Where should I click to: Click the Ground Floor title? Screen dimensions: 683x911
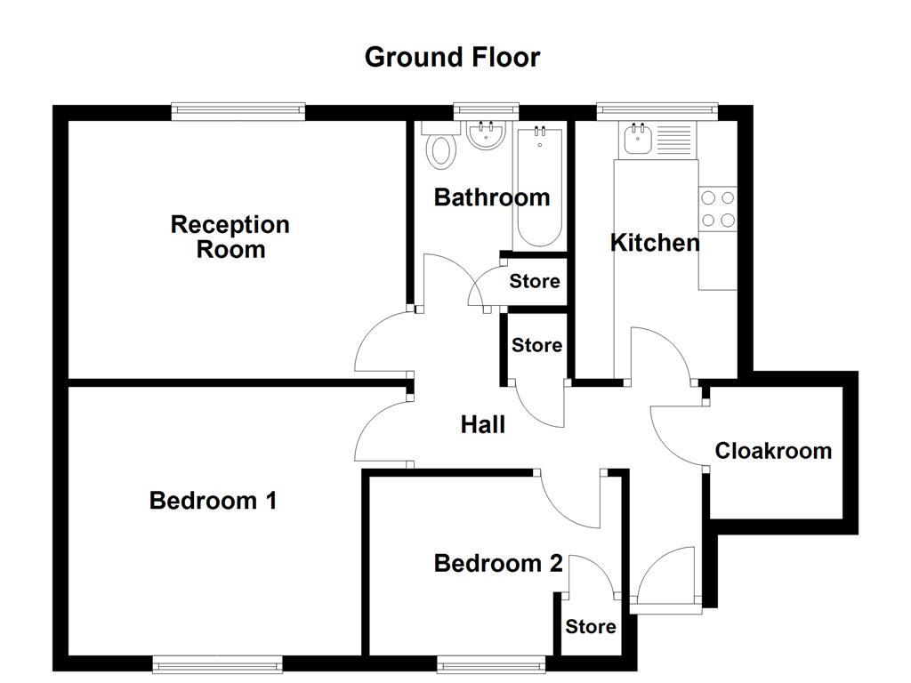click(x=452, y=57)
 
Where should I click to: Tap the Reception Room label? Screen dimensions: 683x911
click(x=230, y=237)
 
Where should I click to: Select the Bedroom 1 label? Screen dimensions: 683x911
click(x=213, y=501)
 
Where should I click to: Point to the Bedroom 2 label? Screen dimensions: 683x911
click(x=498, y=563)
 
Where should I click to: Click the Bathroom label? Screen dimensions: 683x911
click(x=491, y=197)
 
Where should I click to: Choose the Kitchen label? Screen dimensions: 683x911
click(x=655, y=243)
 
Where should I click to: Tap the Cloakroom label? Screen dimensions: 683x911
click(x=773, y=451)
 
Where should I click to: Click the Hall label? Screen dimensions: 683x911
click(x=482, y=425)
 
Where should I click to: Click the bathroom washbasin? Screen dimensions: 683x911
click(x=486, y=136)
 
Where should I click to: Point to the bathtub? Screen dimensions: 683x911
click(x=538, y=187)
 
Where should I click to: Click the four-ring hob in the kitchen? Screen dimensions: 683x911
click(x=717, y=209)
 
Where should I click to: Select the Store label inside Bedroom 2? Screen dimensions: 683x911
click(x=591, y=627)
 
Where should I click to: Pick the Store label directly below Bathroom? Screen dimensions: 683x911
click(x=535, y=282)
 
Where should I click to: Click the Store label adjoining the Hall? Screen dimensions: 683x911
click(x=536, y=345)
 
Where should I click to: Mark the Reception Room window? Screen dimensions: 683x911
click(x=238, y=111)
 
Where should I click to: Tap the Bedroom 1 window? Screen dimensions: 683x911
click(x=217, y=663)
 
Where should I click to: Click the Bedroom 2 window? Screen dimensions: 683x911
click(x=491, y=663)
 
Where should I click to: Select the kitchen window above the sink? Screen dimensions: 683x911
click(x=657, y=111)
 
